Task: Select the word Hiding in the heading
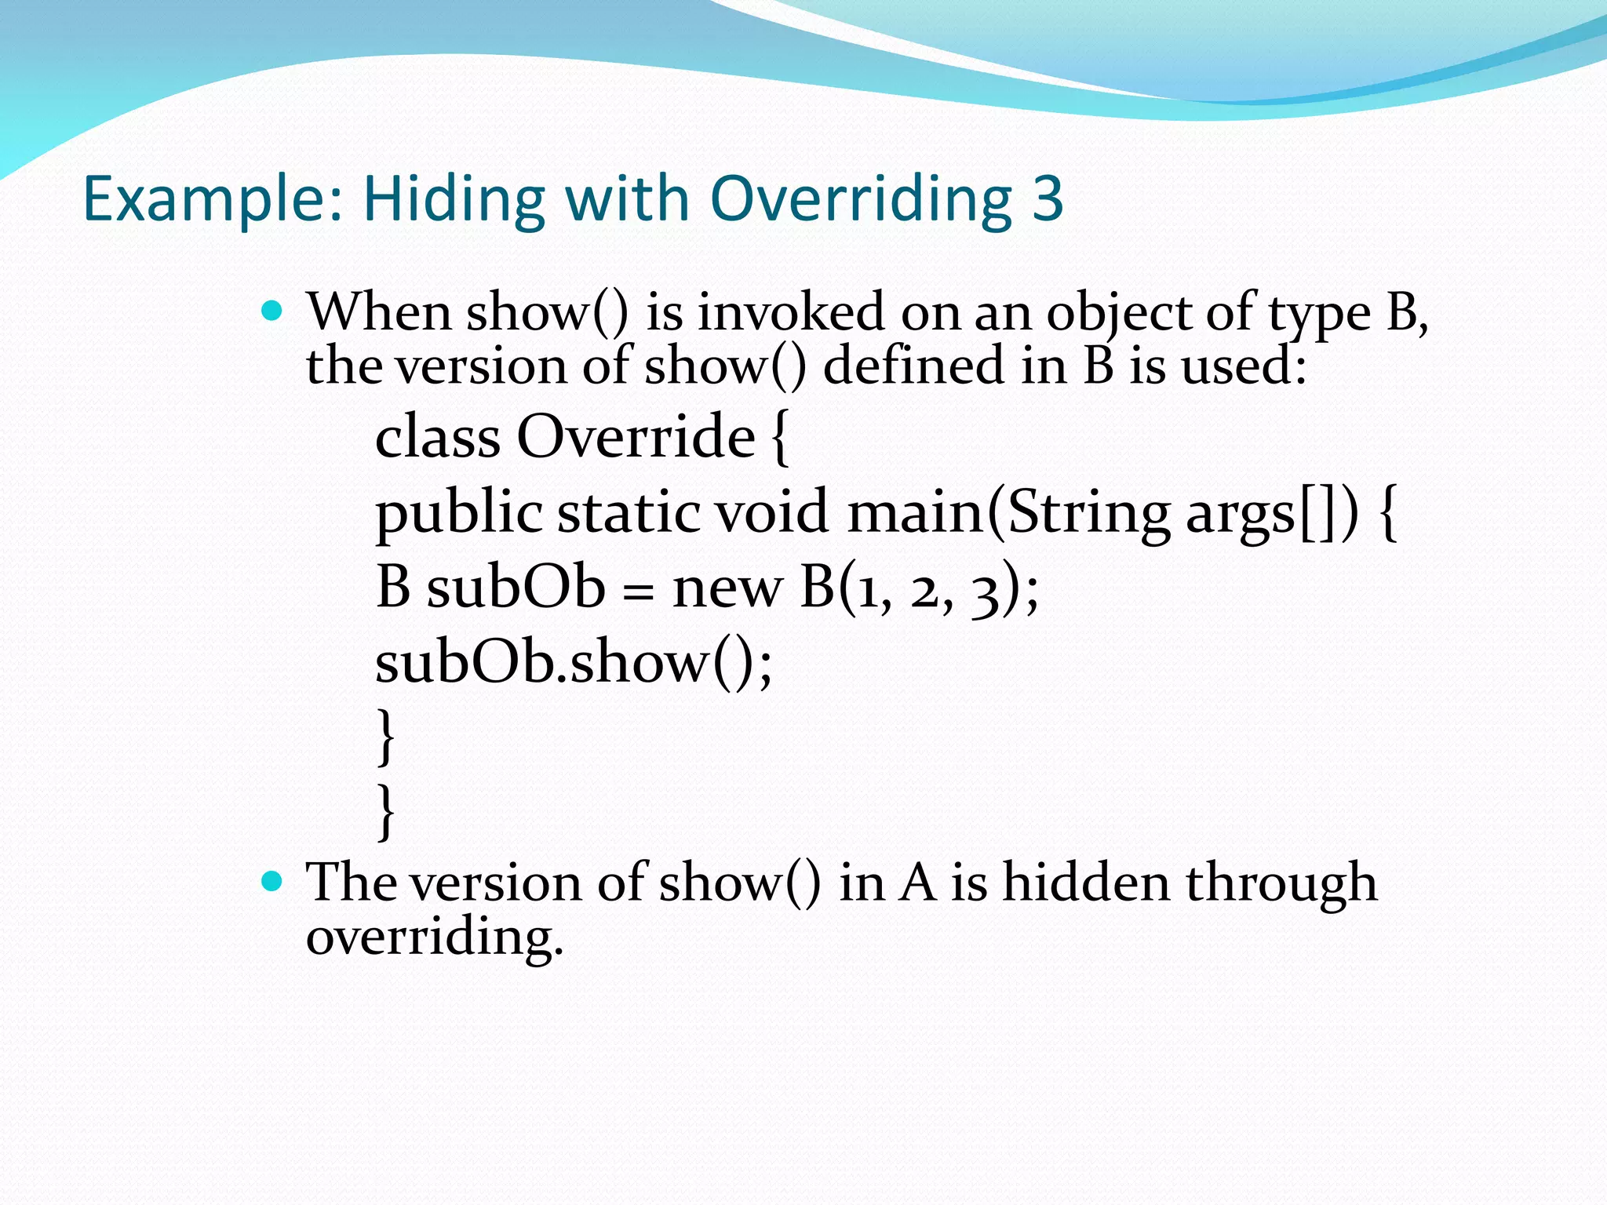click(454, 198)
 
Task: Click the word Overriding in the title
click(861, 200)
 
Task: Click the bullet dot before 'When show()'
click(271, 312)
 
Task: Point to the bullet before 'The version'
click(271, 883)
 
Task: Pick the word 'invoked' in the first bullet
click(790, 312)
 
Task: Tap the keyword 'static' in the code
click(629, 511)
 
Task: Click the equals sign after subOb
click(638, 590)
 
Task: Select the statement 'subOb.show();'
click(574, 662)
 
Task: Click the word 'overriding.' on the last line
click(435, 937)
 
